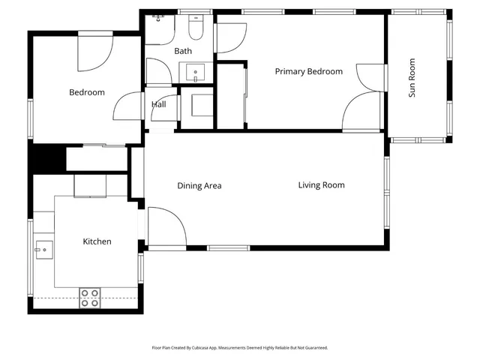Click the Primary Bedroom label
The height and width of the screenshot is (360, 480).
tap(308, 72)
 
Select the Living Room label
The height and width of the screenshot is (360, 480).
tap(321, 185)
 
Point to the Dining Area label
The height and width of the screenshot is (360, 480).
tap(199, 186)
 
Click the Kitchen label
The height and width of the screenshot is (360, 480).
tap(97, 241)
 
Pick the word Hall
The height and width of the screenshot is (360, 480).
tap(159, 105)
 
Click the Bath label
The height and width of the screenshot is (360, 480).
tap(183, 51)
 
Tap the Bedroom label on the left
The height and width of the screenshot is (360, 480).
tap(86, 93)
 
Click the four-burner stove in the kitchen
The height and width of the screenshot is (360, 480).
tap(90, 298)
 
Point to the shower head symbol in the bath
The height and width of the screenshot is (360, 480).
tap(157, 16)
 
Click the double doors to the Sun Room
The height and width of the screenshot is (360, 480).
tap(365, 97)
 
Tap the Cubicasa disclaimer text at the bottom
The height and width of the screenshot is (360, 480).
tap(240, 348)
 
